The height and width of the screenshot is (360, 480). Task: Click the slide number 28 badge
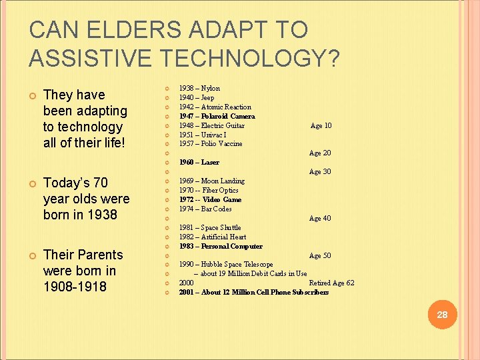click(x=441, y=315)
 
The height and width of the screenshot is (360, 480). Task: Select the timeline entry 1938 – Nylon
click(x=199, y=88)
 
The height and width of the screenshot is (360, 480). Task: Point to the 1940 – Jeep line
click(x=197, y=97)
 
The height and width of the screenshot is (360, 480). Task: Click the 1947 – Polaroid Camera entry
click(x=217, y=116)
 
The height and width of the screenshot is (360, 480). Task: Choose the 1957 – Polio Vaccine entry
click(x=211, y=143)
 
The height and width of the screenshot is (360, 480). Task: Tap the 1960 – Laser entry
click(x=199, y=162)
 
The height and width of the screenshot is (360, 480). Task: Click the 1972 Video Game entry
click(x=210, y=199)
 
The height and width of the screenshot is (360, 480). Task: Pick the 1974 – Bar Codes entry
click(x=205, y=209)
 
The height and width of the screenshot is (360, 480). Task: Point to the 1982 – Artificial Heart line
click(x=212, y=237)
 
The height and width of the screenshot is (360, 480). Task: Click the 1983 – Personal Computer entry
click(x=220, y=246)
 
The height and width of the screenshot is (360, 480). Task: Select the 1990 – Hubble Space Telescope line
click(x=225, y=264)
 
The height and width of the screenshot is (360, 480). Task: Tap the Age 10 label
click(x=321, y=125)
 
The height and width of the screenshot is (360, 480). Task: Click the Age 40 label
click(x=320, y=218)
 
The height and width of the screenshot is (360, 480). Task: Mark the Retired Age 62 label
click(x=331, y=283)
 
